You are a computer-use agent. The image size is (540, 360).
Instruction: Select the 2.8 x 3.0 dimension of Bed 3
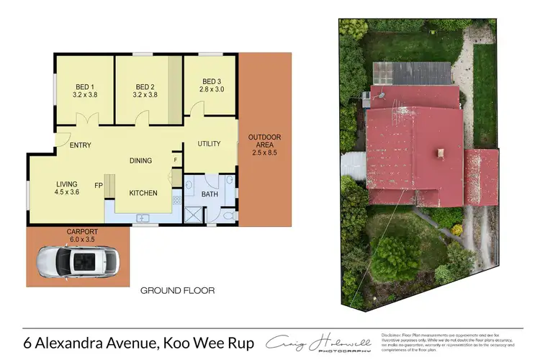[212, 89]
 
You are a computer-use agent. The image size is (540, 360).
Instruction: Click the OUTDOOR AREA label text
[264, 138]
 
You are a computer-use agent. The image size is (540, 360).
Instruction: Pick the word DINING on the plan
[140, 161]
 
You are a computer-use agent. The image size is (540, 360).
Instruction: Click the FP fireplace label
[98, 184]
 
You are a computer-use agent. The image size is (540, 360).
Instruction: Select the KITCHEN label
[143, 193]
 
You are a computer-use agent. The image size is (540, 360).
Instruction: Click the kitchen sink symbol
[143, 217]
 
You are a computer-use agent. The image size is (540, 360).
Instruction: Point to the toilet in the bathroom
[228, 215]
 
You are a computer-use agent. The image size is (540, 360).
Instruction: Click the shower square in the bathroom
[193, 215]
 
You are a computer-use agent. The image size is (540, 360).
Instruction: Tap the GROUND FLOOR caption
[177, 290]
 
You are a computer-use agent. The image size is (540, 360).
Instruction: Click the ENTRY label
[81, 145]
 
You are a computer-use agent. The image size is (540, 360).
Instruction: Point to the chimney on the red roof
[441, 152]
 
